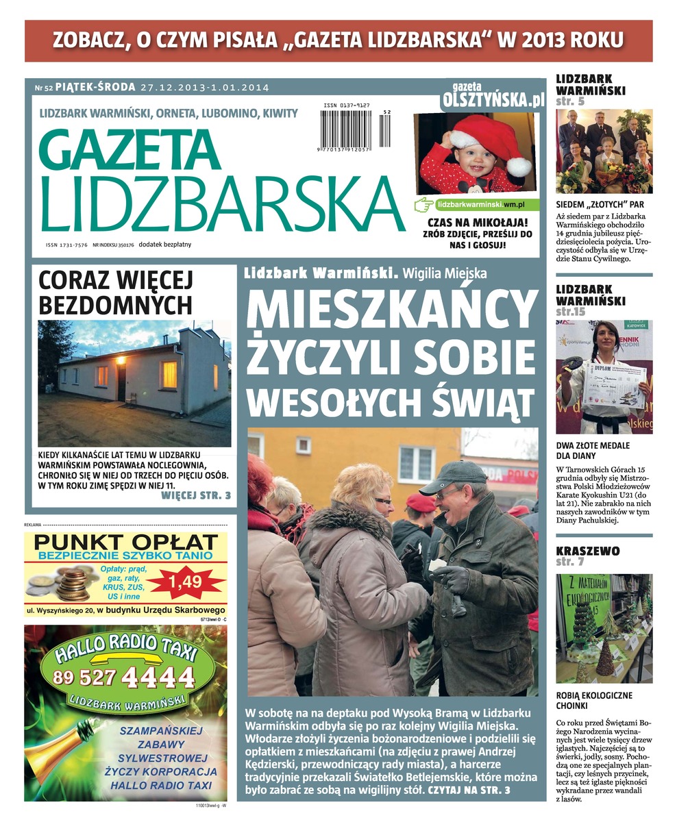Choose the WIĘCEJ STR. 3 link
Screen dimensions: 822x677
tap(196, 495)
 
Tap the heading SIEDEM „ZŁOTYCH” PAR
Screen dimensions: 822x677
tap(600, 204)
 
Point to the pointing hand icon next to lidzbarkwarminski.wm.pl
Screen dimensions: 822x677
tap(425, 204)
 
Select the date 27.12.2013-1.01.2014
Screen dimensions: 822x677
tap(205, 88)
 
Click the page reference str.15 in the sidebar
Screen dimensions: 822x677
tap(570, 312)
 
